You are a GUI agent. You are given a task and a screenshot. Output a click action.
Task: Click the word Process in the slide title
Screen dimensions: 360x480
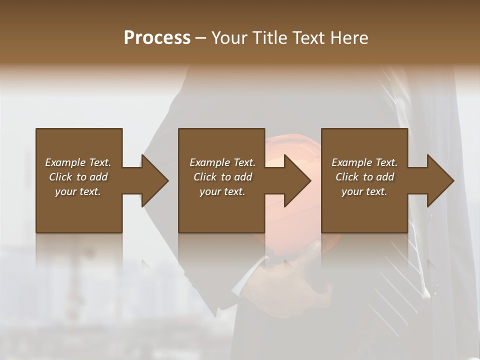coord(157,38)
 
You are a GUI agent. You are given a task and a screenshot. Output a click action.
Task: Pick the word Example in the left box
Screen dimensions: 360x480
coord(65,162)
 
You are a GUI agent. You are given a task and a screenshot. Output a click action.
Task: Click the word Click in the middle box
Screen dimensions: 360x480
coord(205,177)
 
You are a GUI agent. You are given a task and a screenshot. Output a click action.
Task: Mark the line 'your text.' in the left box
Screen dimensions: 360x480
coord(78,191)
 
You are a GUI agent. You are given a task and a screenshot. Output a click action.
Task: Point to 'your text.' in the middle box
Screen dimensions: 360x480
coord(222,191)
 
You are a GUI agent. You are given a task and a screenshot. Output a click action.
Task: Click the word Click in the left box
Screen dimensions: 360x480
coord(60,177)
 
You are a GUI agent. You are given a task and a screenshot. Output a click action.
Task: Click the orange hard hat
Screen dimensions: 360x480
coord(290,150)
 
